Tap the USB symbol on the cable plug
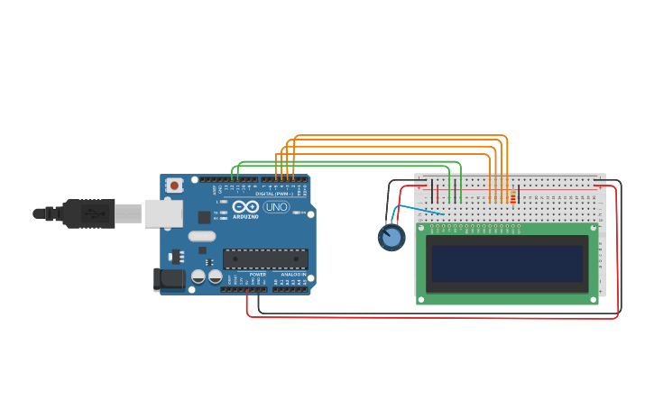point(93,213)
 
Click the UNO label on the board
point(276,207)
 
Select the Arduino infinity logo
point(245,206)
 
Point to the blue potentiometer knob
point(391,237)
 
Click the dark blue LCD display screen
point(506,264)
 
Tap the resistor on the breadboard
point(512,196)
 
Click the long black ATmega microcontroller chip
point(265,258)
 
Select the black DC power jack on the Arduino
point(168,279)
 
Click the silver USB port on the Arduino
point(163,213)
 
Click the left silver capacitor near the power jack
point(198,277)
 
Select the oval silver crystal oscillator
point(201,236)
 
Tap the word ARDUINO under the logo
point(245,216)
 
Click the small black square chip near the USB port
point(205,216)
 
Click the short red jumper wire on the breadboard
point(438,192)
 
